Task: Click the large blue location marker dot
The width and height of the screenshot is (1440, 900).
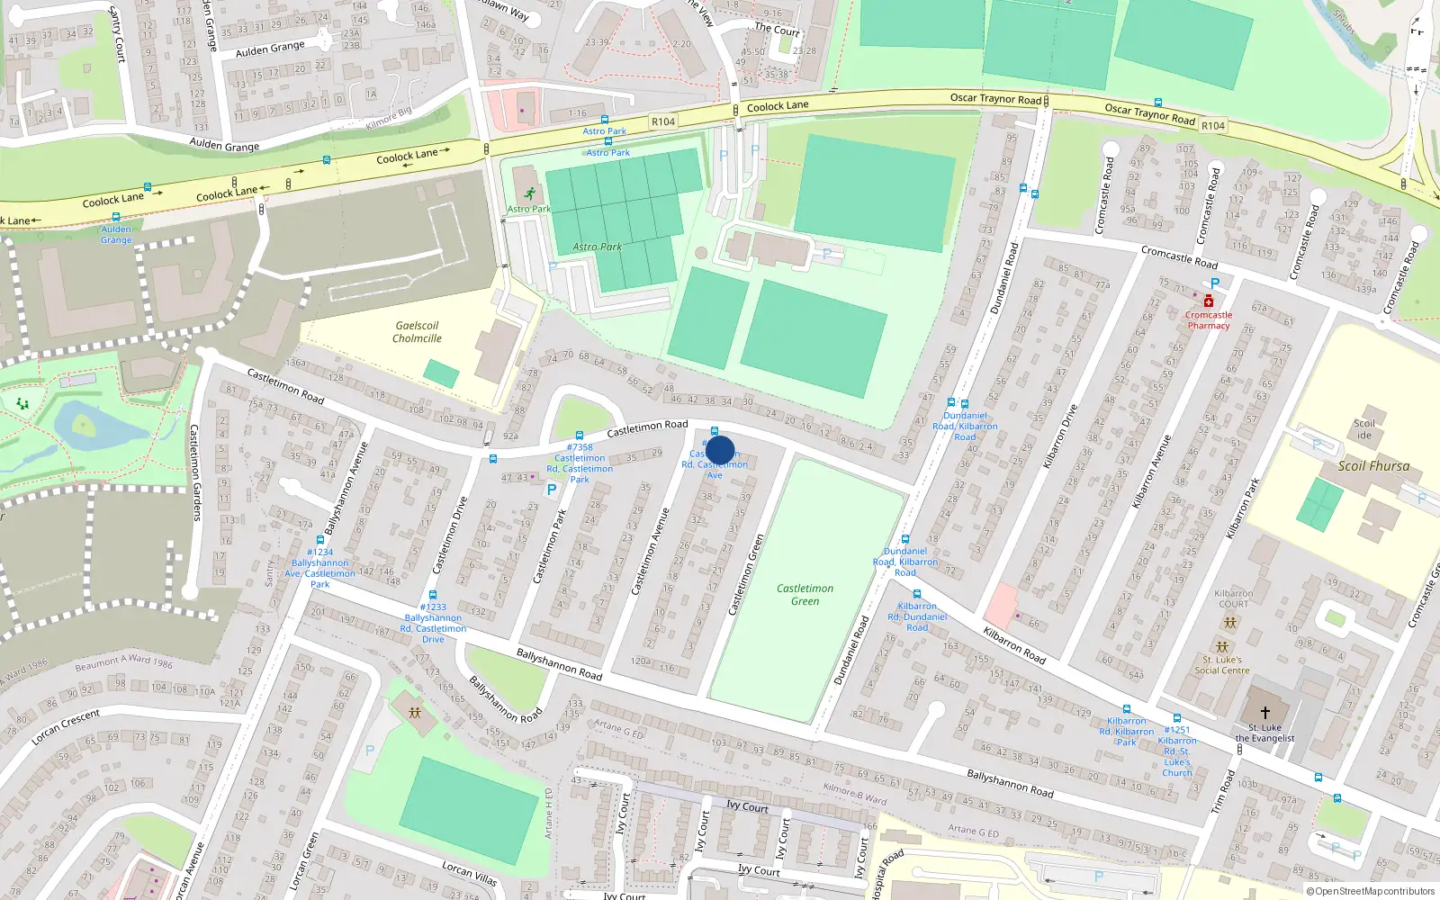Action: pyautogui.click(x=720, y=450)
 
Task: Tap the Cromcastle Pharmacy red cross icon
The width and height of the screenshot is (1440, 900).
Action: pyautogui.click(x=1208, y=301)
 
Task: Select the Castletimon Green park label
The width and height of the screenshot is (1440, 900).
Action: pyautogui.click(x=805, y=594)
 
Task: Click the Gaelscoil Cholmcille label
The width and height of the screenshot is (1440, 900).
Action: pyautogui.click(x=417, y=332)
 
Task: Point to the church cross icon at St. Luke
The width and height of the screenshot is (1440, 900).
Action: pyautogui.click(x=1264, y=713)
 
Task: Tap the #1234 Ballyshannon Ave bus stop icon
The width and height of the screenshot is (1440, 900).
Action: pyautogui.click(x=319, y=540)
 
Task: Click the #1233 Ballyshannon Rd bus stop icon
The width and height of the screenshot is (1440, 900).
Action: pyautogui.click(x=433, y=595)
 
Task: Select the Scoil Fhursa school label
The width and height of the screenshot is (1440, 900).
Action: pyautogui.click(x=1372, y=466)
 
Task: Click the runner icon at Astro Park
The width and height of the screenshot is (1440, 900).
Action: pyautogui.click(x=529, y=193)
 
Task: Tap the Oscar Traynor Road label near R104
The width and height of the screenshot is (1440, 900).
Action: pyautogui.click(x=995, y=98)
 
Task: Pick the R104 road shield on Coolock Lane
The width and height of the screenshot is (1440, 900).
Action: pyautogui.click(x=662, y=121)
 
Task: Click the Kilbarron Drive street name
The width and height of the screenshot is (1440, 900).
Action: pyautogui.click(x=1059, y=436)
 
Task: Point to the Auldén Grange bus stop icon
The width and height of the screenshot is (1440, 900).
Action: pyautogui.click(x=116, y=217)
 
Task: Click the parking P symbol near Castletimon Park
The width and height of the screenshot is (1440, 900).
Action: pyautogui.click(x=552, y=490)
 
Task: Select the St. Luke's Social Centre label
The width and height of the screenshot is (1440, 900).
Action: pyautogui.click(x=1221, y=665)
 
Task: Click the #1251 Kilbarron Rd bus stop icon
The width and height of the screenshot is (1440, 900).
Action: pyautogui.click(x=1176, y=718)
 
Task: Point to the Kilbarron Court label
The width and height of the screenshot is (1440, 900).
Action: pyautogui.click(x=1233, y=598)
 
